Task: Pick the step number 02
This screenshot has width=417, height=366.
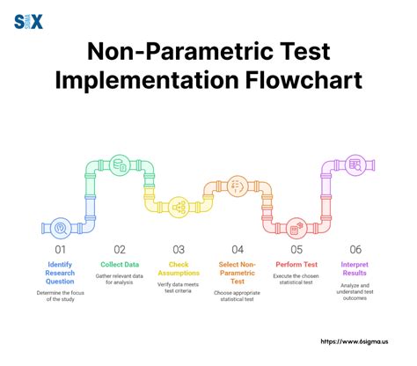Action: pos(118,249)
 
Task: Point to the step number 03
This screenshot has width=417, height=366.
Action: pos(178,249)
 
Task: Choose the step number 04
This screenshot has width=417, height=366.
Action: pos(238,249)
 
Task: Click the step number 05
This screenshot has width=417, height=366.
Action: pos(296,249)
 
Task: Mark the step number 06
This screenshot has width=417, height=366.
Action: pos(355,249)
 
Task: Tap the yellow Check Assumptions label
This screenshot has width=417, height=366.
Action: pos(178,268)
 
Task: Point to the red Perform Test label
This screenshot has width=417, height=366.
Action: pos(296,263)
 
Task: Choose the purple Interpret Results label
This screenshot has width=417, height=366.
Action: pos(355,268)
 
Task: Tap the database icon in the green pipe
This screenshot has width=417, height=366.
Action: pos(118,164)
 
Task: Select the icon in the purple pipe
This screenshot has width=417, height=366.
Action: pos(355,164)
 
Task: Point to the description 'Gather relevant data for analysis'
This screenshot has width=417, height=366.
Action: pos(118,280)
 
